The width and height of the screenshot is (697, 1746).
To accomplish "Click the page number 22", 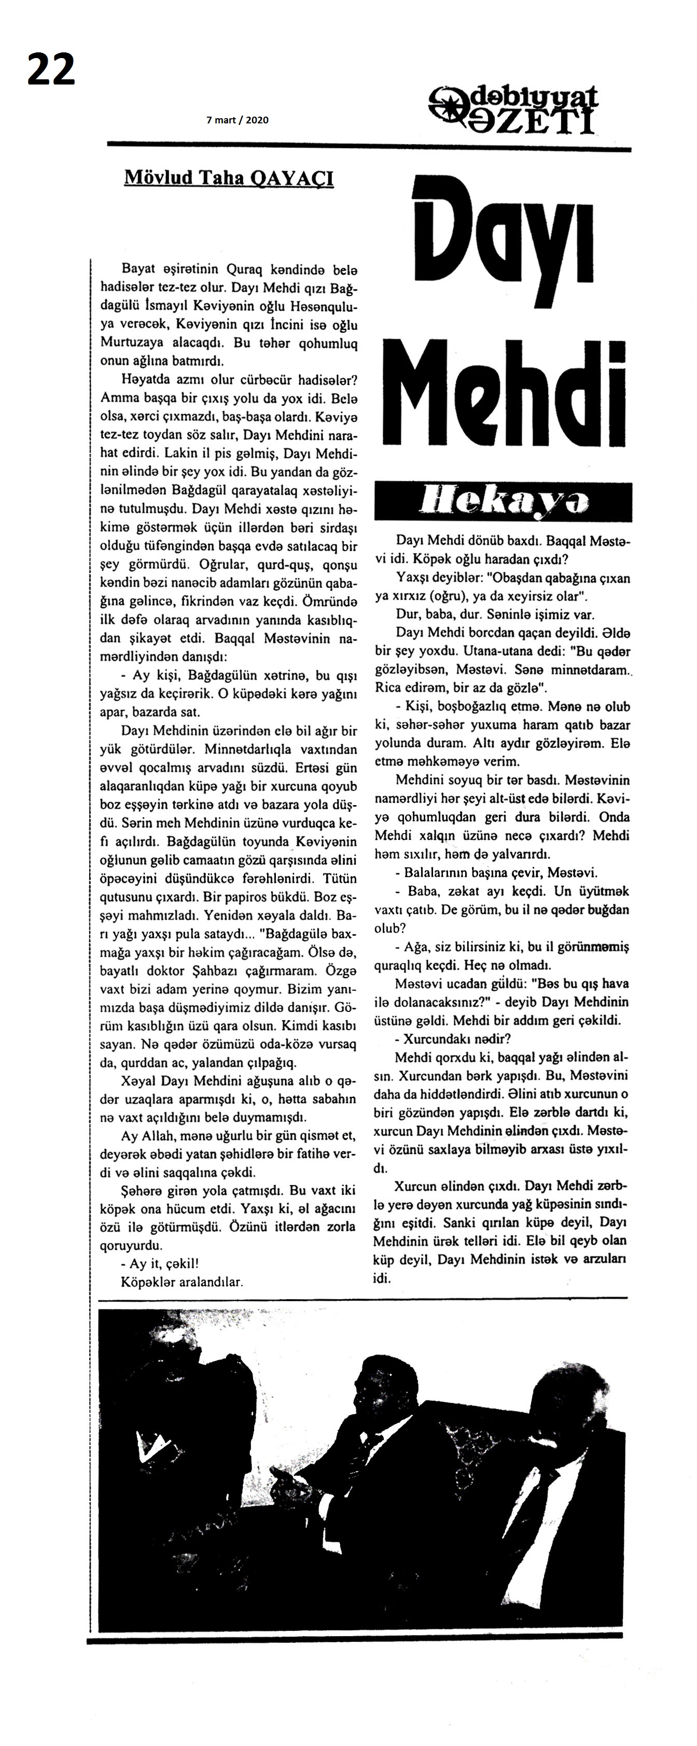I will tap(51, 70).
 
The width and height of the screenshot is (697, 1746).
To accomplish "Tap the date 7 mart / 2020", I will tap(238, 120).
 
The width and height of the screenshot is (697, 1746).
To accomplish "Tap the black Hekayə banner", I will tap(503, 502).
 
